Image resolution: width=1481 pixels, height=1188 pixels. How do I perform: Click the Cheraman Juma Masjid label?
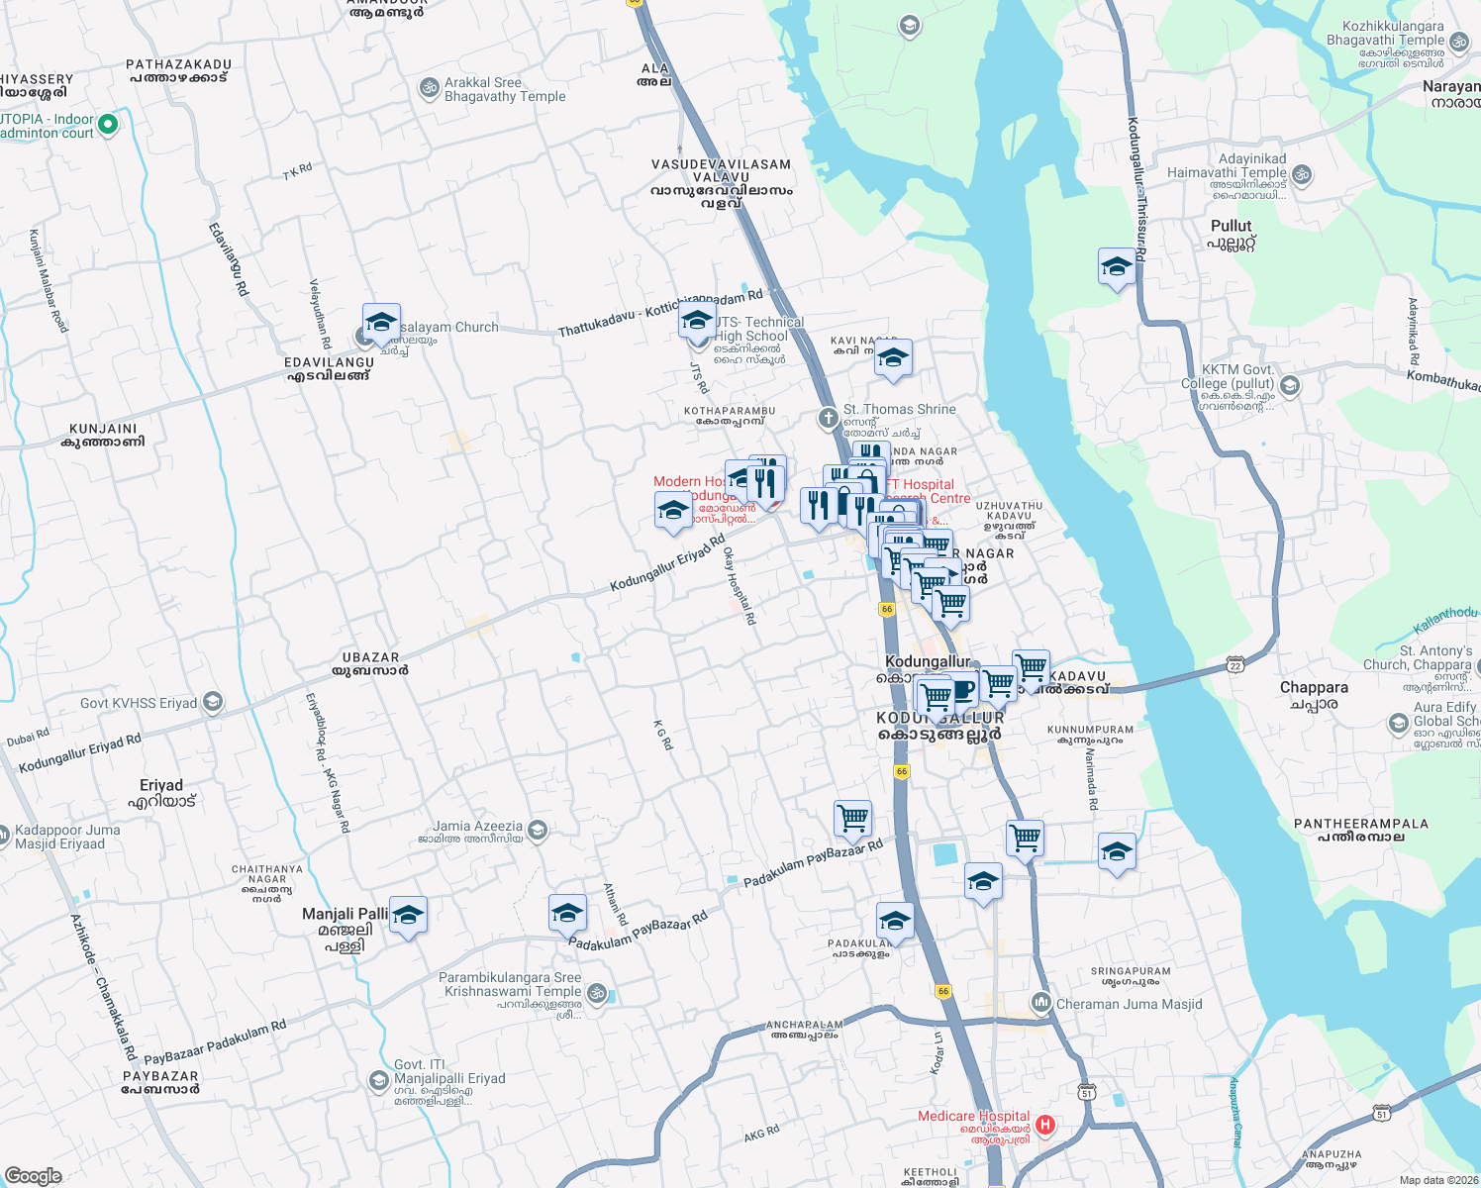pos(1129,1004)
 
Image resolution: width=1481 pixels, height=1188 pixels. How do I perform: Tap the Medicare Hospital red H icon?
pos(1044,1126)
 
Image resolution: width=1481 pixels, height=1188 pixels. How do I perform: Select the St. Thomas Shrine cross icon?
pos(829,418)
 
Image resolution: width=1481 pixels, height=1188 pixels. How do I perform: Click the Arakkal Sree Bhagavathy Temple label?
pos(505,89)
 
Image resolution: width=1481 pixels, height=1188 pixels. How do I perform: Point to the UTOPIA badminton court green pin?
pos(109,125)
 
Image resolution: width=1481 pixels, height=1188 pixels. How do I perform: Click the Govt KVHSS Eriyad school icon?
pos(212,703)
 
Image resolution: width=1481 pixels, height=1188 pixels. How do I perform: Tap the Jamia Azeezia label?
pos(477,826)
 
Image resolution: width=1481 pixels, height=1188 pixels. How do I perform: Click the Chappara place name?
pos(1314,687)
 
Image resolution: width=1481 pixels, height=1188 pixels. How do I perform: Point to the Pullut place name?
pos(1231,226)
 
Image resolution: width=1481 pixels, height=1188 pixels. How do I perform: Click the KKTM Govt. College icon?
pos(1289,384)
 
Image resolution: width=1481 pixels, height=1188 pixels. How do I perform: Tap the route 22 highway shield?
pos(1234,663)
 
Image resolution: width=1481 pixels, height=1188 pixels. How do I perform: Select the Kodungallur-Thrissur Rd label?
pos(1136,188)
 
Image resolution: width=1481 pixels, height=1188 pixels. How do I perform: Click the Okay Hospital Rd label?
pos(740,585)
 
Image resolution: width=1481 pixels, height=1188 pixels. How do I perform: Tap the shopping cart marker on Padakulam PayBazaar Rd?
pos(852,819)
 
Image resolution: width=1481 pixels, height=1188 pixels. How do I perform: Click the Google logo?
pos(33,1175)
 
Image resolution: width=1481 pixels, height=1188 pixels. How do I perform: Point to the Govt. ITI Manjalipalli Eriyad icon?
pos(378,1079)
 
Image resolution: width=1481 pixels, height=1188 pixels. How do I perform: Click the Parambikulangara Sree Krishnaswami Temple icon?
pos(596,992)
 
